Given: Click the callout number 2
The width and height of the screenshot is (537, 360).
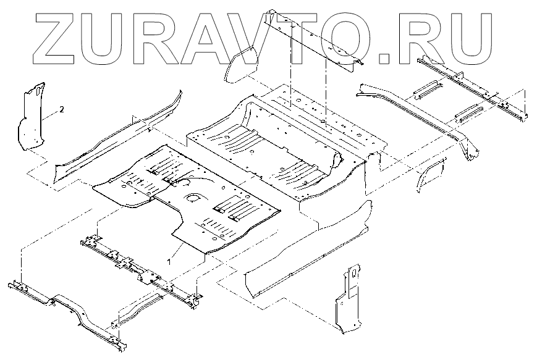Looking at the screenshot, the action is (61, 109).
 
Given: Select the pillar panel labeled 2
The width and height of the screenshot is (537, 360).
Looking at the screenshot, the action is (30, 117).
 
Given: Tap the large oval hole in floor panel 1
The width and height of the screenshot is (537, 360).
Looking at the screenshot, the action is (193, 199).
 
